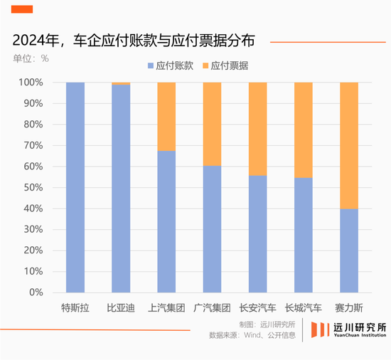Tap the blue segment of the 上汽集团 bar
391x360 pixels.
point(166,221)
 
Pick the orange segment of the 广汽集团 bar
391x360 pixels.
point(212,124)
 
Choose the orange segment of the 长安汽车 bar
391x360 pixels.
point(257,129)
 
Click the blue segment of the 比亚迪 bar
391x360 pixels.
point(121,189)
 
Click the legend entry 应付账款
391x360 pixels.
point(171,65)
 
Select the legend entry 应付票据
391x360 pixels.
point(226,65)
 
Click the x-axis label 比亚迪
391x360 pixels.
point(121,308)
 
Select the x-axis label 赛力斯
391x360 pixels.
point(349,308)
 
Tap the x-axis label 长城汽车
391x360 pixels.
point(304,308)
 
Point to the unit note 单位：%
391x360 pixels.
point(31,58)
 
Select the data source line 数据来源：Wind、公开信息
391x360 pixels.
point(252,335)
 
